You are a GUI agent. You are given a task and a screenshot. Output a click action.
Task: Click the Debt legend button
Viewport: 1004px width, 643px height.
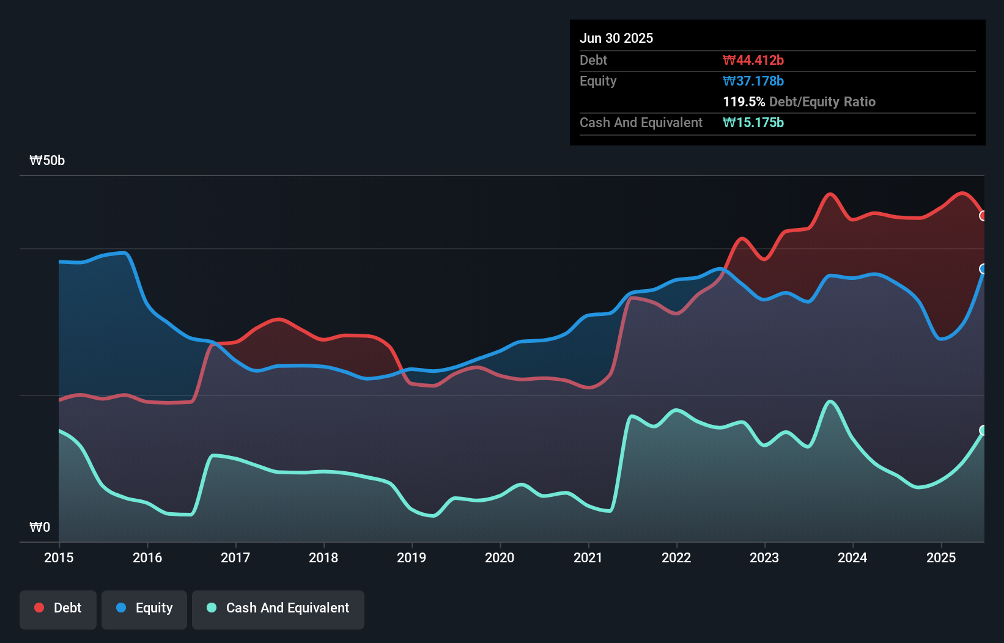tap(58, 608)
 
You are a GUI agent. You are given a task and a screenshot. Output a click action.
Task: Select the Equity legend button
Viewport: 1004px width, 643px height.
tap(144, 608)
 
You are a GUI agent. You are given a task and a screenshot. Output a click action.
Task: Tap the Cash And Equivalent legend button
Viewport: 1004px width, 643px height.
tap(278, 608)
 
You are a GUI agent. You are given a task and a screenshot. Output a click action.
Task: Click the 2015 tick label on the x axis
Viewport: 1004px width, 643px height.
tap(59, 557)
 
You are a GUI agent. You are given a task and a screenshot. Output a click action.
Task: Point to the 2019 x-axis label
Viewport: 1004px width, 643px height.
tap(412, 557)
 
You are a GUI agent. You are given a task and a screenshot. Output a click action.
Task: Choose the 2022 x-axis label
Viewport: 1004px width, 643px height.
tap(676, 557)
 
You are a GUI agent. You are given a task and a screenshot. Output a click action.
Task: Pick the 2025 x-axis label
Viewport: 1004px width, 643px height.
tap(941, 557)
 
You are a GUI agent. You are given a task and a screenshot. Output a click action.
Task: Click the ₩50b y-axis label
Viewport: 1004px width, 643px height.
tap(47, 161)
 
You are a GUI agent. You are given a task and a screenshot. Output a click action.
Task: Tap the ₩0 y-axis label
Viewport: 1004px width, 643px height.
tap(40, 527)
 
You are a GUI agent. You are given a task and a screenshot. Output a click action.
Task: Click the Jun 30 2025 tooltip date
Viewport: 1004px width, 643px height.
tap(616, 39)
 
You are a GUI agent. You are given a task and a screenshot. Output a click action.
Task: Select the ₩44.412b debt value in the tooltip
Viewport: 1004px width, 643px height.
tap(753, 61)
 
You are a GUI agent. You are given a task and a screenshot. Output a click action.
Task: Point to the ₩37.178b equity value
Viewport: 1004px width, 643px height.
tap(753, 81)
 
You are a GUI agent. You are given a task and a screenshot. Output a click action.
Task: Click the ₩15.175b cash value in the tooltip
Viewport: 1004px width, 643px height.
tap(753, 123)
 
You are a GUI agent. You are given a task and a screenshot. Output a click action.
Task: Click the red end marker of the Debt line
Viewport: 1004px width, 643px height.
tap(983, 216)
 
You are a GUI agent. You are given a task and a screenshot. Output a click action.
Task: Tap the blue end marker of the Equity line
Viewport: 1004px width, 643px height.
tap(983, 269)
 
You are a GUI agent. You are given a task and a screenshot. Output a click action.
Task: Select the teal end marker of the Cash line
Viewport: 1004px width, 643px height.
tap(983, 430)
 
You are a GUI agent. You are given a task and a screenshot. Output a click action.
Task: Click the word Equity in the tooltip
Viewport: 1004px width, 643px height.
tap(598, 81)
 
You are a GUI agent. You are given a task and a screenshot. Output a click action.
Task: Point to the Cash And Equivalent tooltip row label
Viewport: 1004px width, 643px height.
tap(641, 123)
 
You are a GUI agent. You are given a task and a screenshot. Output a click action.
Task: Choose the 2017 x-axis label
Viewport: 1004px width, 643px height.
tap(235, 557)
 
